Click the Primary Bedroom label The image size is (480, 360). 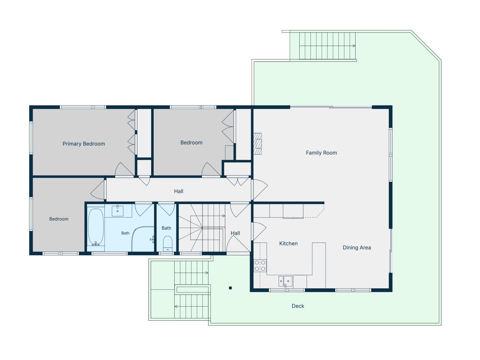[84, 144]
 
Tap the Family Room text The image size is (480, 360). [321, 153]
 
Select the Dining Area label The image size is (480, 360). [357, 248]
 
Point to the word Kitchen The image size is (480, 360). [288, 244]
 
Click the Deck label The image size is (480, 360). [298, 306]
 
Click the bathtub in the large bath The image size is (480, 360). [96, 227]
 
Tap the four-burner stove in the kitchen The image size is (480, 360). [260, 265]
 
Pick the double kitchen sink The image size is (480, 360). [285, 281]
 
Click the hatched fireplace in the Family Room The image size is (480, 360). [258, 144]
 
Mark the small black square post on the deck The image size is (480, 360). [230, 288]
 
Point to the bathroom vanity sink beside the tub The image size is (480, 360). [117, 211]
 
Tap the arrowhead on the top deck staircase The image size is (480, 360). [354, 46]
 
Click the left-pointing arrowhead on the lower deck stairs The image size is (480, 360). [176, 306]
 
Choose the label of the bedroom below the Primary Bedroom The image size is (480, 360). [58, 219]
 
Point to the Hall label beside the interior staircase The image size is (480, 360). [235, 233]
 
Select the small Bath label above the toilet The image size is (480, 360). [166, 228]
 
